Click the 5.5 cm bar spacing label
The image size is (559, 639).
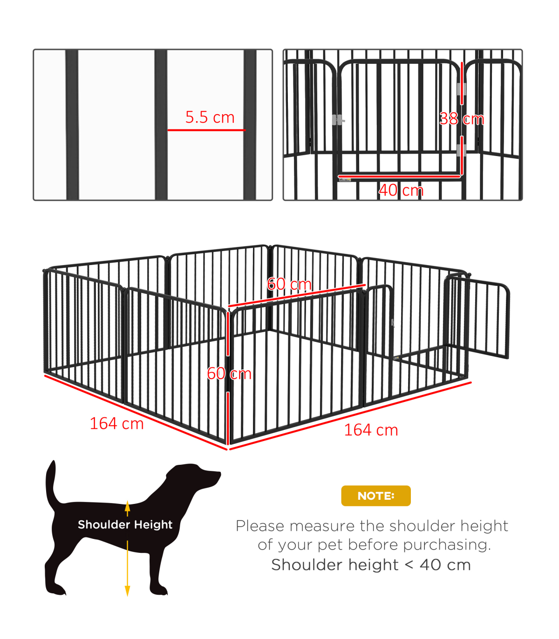pyautogui.click(x=210, y=117)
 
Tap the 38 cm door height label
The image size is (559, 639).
pyautogui.click(x=462, y=119)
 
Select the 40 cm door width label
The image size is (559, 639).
pyautogui.click(x=401, y=190)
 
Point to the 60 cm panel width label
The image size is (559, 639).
pyautogui.click(x=289, y=284)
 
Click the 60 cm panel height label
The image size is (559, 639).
pyautogui.click(x=229, y=374)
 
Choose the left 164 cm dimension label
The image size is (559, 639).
pyautogui.click(x=117, y=423)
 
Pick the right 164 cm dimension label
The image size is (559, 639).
pyautogui.click(x=371, y=430)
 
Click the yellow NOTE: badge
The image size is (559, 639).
pyautogui.click(x=375, y=496)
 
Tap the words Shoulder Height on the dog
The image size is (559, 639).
pyautogui.click(x=125, y=524)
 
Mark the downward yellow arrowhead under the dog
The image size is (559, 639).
pyautogui.click(x=128, y=591)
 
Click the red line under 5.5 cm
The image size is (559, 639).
pyautogui.click(x=206, y=130)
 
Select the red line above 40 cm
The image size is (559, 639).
pyautogui.click(x=399, y=177)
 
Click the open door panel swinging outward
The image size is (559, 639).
pyautogui.click(x=477, y=315)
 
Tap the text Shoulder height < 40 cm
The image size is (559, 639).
pyautogui.click(x=371, y=564)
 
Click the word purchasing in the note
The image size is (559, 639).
pyautogui.click(x=447, y=545)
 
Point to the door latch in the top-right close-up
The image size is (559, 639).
pyautogui.click(x=338, y=120)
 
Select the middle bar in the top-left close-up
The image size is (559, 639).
pyautogui.click(x=161, y=125)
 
